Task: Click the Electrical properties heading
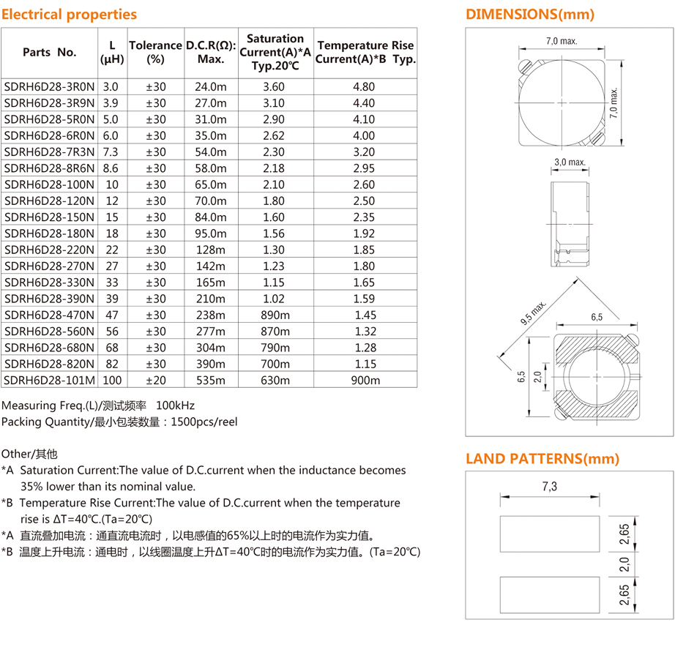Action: pyautogui.click(x=69, y=15)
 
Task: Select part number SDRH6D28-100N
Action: pyautogui.click(x=49, y=184)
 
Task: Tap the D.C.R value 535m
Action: pyautogui.click(x=210, y=380)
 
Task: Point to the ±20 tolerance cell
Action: pyautogui.click(x=156, y=380)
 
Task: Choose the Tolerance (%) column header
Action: pyautogui.click(x=155, y=52)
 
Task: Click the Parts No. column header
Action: pyautogui.click(x=49, y=52)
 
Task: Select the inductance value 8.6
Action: pyautogui.click(x=111, y=168)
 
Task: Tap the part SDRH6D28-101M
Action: pyautogui.click(x=49, y=380)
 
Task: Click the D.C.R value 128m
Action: pyautogui.click(x=210, y=250)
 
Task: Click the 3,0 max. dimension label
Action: pyautogui.click(x=570, y=162)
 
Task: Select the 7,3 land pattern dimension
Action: pyautogui.click(x=550, y=486)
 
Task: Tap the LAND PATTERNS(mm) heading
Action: pyautogui.click(x=542, y=459)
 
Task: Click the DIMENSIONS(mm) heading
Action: pyautogui.click(x=530, y=15)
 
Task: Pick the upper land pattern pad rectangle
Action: pyautogui.click(x=549, y=534)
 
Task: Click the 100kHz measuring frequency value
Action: pyautogui.click(x=176, y=405)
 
